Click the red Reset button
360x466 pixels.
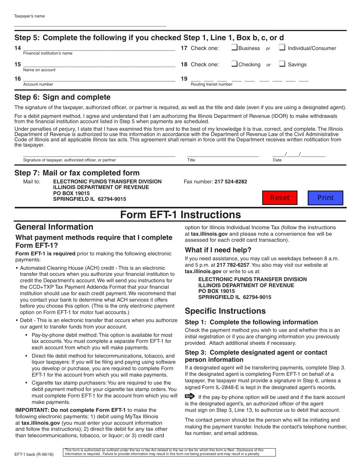[x=280, y=198]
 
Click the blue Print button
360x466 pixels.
[x=325, y=198]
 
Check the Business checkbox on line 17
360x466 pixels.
[x=234, y=48]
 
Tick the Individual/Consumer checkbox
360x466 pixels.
[x=282, y=48]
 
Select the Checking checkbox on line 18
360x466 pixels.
[x=234, y=64]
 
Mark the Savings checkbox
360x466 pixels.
[x=282, y=64]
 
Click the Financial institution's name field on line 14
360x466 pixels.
[x=99, y=48]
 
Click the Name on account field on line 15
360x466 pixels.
[x=99, y=64]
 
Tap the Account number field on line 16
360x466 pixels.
[x=99, y=79]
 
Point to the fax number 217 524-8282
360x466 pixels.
[x=230, y=181]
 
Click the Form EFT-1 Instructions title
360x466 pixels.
[x=180, y=215]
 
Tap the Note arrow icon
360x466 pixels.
[x=189, y=396]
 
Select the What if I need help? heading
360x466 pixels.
[x=218, y=250]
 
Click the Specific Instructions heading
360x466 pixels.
[x=225, y=311]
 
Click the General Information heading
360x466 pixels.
[x=54, y=227]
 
